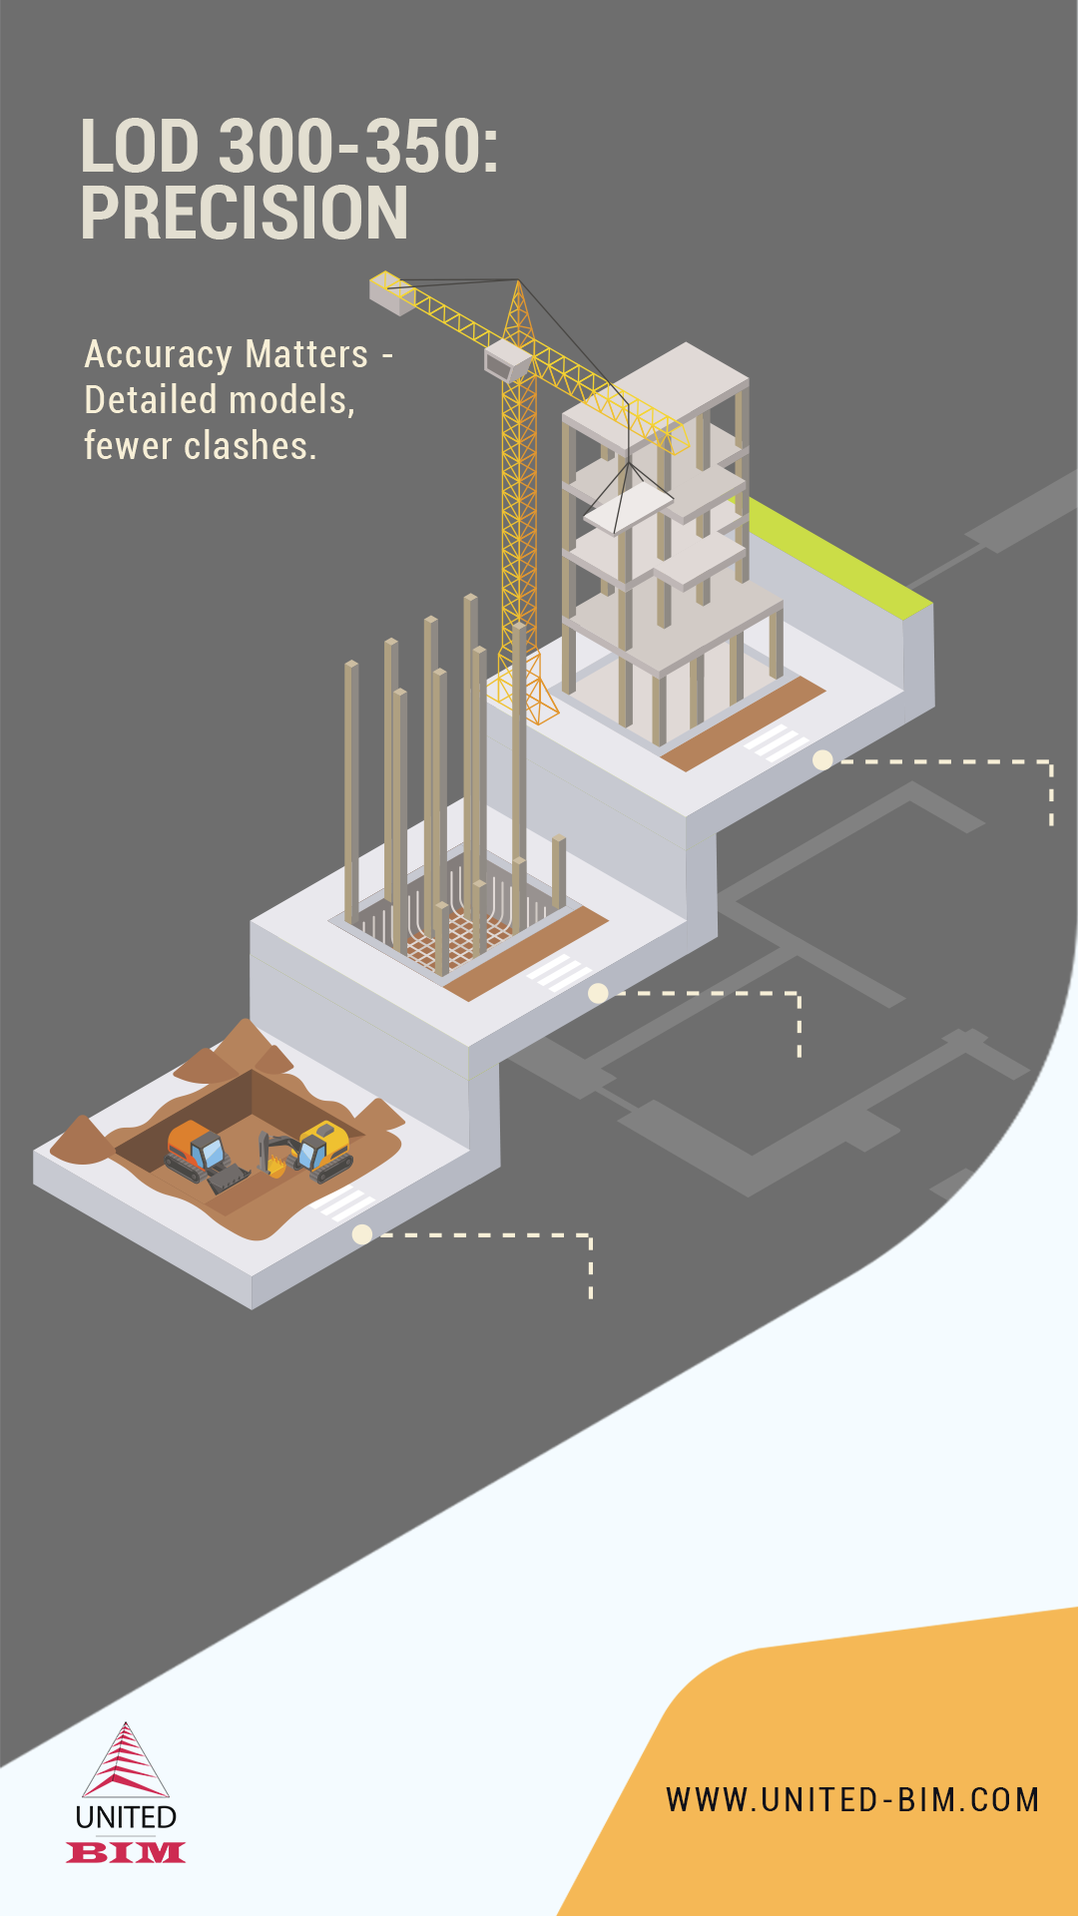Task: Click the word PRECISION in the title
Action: [245, 213]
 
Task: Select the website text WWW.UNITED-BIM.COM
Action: [853, 1800]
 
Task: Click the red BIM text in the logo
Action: [126, 1853]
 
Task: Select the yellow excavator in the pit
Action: [309, 1153]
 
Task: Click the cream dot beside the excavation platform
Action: [362, 1234]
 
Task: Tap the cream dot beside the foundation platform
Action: [598, 993]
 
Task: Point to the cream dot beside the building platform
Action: [822, 760]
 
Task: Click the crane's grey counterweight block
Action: [392, 294]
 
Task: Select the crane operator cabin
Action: [508, 360]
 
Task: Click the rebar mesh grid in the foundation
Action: [454, 938]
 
